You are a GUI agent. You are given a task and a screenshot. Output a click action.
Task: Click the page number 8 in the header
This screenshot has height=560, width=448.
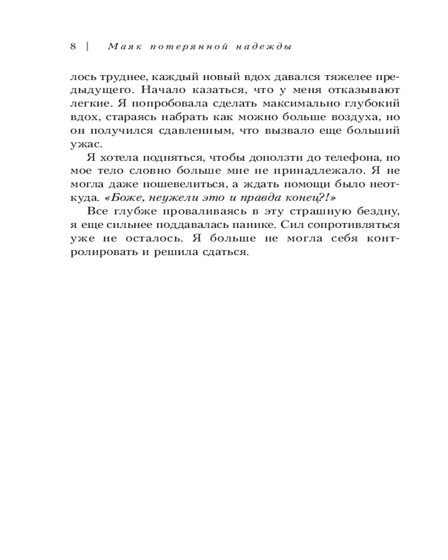(73, 46)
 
